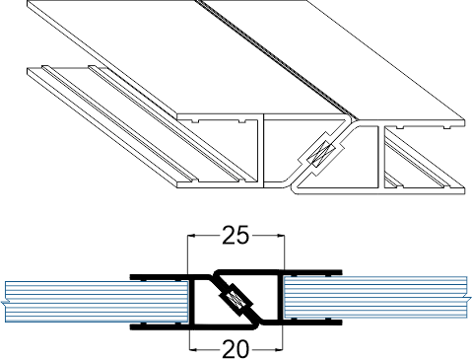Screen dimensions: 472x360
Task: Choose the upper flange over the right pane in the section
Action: pyautogui.click(x=310, y=271)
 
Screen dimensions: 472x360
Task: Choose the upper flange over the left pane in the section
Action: pyautogui.click(x=163, y=280)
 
